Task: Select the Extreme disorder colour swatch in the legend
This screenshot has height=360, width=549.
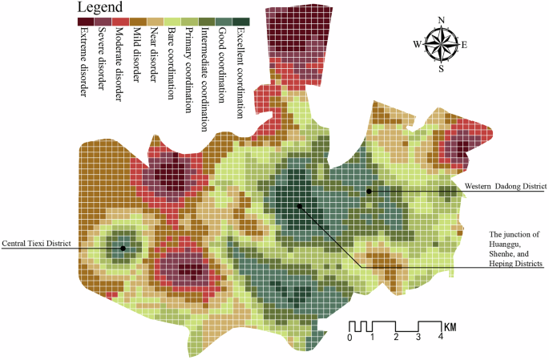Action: pos(84,22)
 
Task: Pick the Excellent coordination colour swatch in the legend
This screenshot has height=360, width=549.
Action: pos(241,22)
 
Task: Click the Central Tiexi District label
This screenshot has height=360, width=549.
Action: pos(37,243)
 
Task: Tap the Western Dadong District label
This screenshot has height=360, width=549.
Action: pos(504,186)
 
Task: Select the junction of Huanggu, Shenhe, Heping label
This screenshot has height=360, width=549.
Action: pos(516,248)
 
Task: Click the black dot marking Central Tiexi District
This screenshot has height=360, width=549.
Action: pos(123,248)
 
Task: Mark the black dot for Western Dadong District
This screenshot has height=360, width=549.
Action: pos(369,191)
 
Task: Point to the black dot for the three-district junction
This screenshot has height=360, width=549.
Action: pos(299,206)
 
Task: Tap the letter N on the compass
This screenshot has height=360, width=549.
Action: pos(441,21)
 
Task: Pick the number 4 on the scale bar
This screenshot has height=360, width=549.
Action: pos(440,338)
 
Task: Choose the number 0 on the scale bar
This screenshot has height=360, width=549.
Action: pos(349,338)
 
